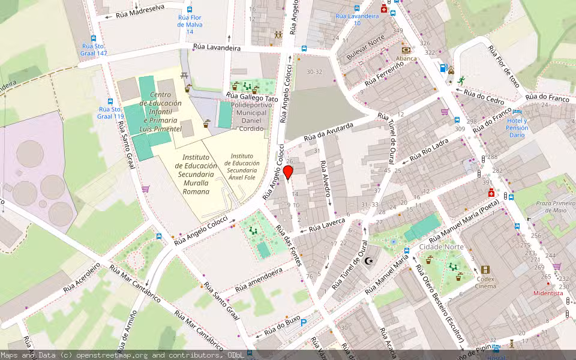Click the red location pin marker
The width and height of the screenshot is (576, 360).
(288, 173)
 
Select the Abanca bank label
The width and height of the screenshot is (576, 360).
(406, 59)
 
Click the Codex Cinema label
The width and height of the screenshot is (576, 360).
(485, 282)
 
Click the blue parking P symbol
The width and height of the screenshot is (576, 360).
(304, 322)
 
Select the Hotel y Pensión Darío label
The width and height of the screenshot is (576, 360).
(517, 128)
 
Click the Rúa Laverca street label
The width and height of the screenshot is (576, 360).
(327, 226)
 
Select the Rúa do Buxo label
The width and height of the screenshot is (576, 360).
(281, 327)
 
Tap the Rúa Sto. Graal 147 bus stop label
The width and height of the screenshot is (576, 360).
(94, 49)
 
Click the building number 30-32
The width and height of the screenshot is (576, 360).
(314, 72)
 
